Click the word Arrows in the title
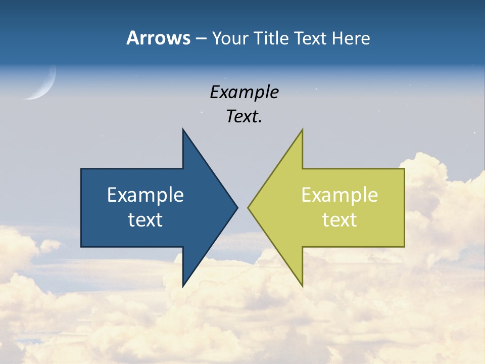[x=158, y=38]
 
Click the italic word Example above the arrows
[x=244, y=93]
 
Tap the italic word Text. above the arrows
[x=244, y=117]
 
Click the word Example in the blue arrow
[x=145, y=195]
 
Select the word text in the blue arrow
[x=145, y=219]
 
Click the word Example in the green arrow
[x=339, y=195]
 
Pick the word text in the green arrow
[x=339, y=219]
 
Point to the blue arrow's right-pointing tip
[x=236, y=207]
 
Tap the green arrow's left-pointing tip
[x=249, y=207]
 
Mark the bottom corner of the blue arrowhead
[x=183, y=286]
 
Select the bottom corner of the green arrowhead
[x=302, y=286]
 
